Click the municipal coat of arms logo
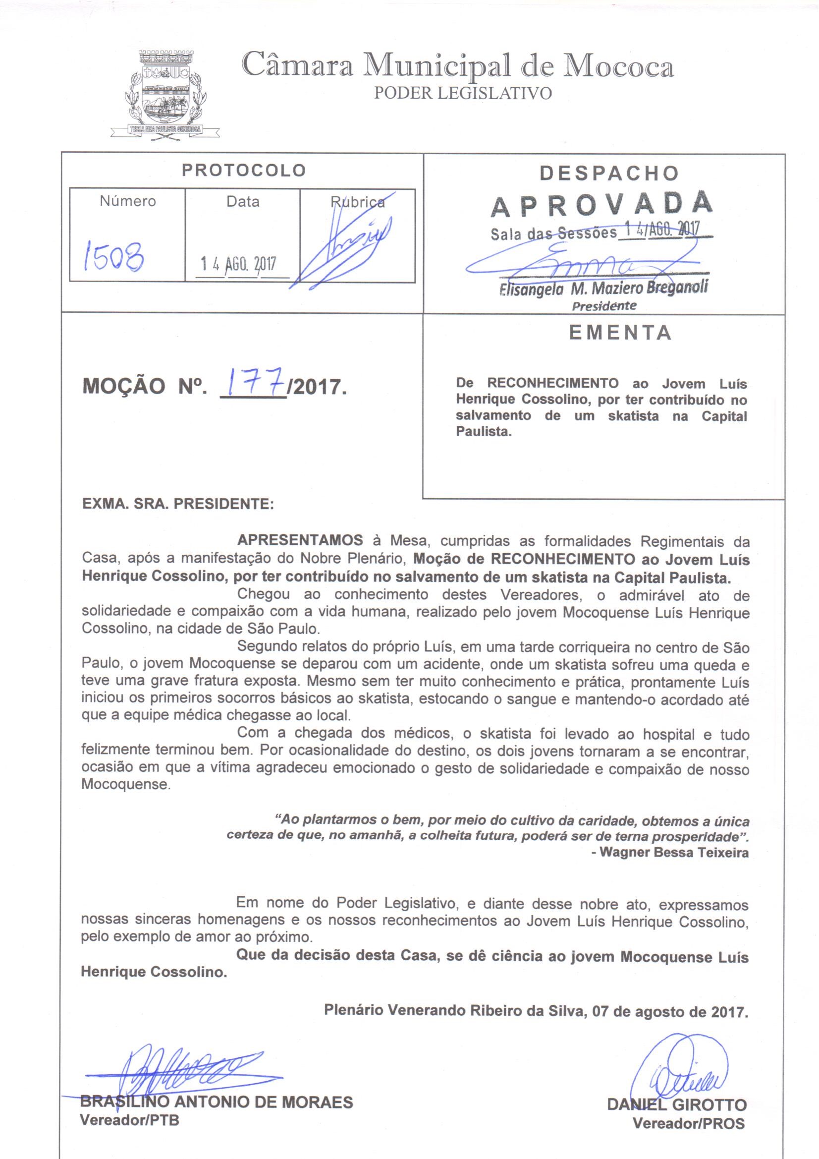(x=165, y=91)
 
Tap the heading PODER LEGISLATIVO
(x=462, y=93)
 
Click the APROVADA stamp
(x=601, y=204)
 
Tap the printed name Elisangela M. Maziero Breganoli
(x=603, y=288)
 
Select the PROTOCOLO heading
(x=244, y=170)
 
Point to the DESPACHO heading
(x=609, y=173)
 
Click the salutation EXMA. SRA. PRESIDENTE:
(x=178, y=504)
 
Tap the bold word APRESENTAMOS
(x=300, y=540)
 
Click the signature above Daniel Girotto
(x=681, y=1066)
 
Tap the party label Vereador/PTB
(x=130, y=1119)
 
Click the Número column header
(x=128, y=201)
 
